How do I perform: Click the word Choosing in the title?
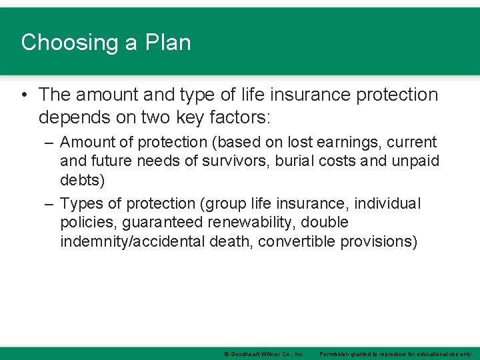[61, 43]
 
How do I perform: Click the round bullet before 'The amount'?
[25, 95]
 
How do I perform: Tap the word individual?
[388, 203]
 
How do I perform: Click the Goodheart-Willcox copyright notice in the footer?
[263, 354]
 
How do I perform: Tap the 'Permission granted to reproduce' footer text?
[396, 354]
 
